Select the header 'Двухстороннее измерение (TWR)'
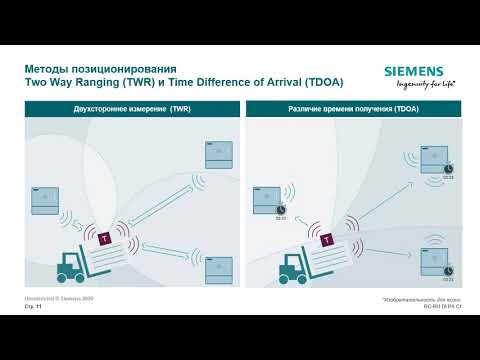(x=131, y=108)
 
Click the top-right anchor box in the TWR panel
(x=219, y=154)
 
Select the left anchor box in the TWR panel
(x=47, y=200)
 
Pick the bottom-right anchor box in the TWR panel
(x=219, y=269)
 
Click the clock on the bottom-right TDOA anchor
(x=448, y=270)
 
